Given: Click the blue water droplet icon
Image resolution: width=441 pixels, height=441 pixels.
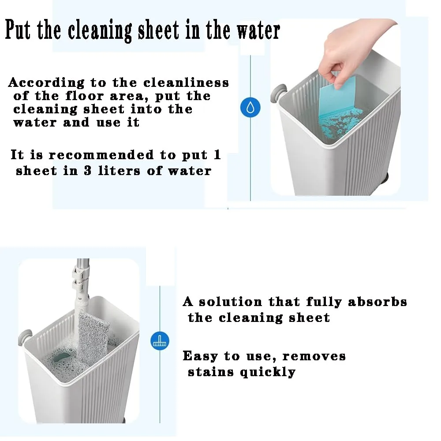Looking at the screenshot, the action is (250, 108).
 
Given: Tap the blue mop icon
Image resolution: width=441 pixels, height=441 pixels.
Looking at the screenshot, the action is (160, 341).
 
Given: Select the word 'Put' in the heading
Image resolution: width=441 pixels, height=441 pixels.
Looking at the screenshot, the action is (18, 30).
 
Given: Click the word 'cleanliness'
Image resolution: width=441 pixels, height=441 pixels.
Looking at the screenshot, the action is (186, 83).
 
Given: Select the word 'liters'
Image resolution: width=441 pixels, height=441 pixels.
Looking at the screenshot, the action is (119, 171).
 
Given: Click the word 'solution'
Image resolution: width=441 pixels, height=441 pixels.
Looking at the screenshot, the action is (230, 302).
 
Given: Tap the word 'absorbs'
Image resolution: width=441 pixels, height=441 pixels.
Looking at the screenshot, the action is (377, 302).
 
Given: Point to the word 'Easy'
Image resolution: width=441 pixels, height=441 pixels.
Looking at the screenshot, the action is (200, 356).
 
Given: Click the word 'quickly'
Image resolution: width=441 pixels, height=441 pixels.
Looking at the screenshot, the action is (268, 372).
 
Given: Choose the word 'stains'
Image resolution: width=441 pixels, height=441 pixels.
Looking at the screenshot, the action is (211, 372).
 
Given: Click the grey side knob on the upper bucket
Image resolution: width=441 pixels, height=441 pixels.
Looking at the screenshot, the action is (278, 92).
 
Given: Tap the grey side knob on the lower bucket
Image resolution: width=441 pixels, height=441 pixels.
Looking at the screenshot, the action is (25, 337).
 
